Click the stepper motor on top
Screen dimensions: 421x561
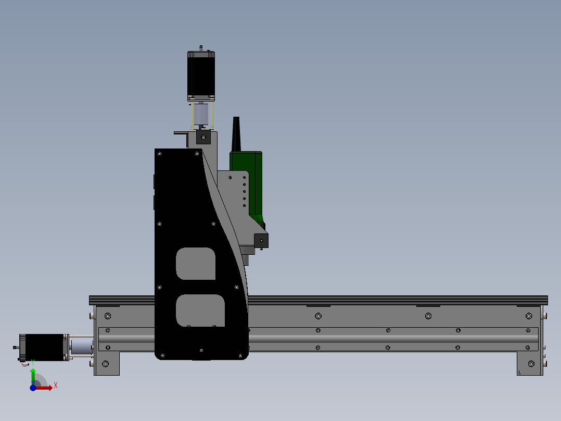click(x=201, y=76)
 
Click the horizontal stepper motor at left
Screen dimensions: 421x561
click(x=44, y=347)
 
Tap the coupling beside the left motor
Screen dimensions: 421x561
click(x=81, y=347)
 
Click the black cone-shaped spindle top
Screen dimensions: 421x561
click(x=237, y=134)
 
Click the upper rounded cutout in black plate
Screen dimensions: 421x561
click(x=196, y=264)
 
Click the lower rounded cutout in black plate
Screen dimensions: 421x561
click(x=200, y=311)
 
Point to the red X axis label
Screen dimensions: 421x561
click(x=55, y=385)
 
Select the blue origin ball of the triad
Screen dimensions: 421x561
click(x=33, y=388)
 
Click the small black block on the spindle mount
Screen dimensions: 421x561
click(x=261, y=241)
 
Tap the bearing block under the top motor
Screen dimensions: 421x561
click(x=203, y=138)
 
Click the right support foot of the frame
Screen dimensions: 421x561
click(x=530, y=364)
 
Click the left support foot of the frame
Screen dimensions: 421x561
click(x=107, y=364)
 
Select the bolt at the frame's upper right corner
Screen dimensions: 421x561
click(x=529, y=316)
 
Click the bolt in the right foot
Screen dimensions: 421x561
click(x=531, y=364)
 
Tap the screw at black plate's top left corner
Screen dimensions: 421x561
click(x=160, y=154)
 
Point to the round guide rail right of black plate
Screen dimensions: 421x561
click(x=390, y=339)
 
